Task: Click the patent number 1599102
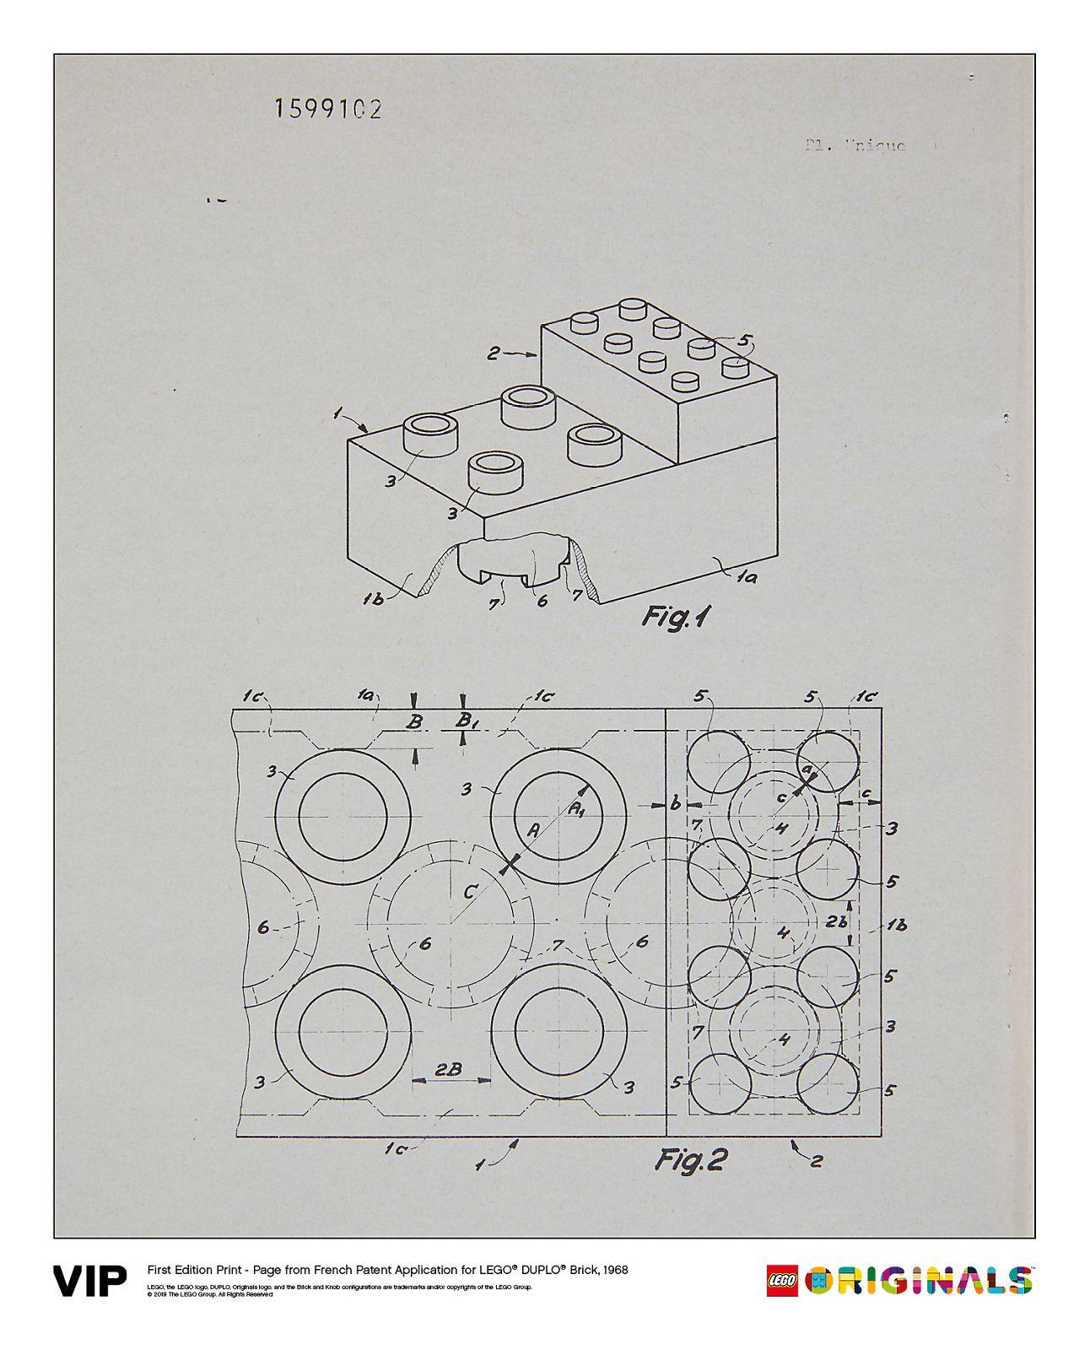(x=327, y=109)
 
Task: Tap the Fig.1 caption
(x=675, y=617)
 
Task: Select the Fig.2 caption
(x=691, y=1161)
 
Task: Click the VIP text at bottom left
(x=90, y=1280)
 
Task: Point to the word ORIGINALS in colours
(x=919, y=1280)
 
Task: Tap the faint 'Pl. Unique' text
(x=854, y=145)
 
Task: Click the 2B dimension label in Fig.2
(x=448, y=1067)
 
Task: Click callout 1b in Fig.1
(x=373, y=599)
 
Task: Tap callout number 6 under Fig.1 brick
(x=542, y=600)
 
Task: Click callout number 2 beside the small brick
(x=494, y=353)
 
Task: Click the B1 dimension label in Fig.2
(x=465, y=721)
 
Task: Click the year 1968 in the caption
(x=614, y=1270)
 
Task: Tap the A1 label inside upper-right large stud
(x=578, y=809)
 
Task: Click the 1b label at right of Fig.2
(x=896, y=925)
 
